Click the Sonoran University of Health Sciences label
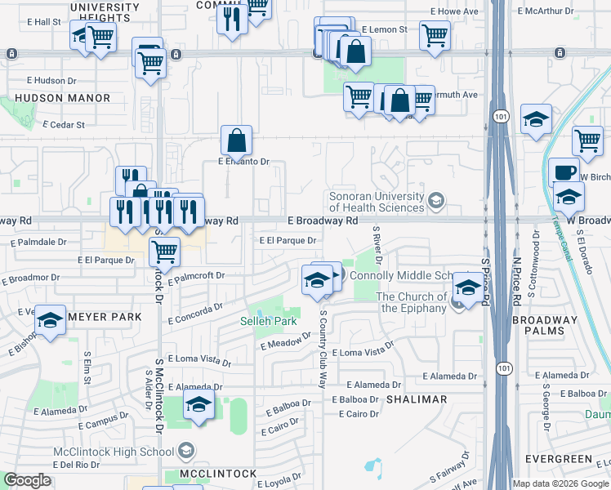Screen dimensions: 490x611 pyautogui.click(x=378, y=202)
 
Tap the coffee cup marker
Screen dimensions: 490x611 pyautogui.click(x=563, y=172)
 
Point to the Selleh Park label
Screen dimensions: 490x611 pyautogui.click(x=268, y=321)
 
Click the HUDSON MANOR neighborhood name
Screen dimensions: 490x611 pyautogui.click(x=62, y=98)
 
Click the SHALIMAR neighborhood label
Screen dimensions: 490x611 pyautogui.click(x=417, y=399)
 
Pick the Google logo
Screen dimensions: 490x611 pyautogui.click(x=27, y=480)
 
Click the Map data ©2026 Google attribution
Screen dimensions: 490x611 pyautogui.click(x=560, y=483)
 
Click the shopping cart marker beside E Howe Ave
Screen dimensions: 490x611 pyautogui.click(x=435, y=34)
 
